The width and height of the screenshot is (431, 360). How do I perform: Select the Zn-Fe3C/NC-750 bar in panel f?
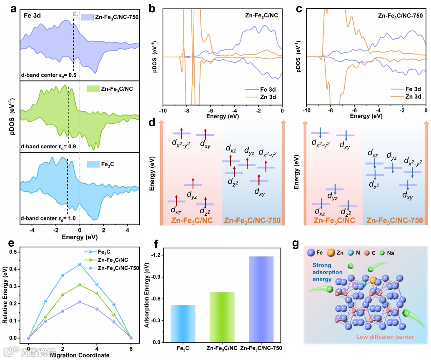pos(261,299)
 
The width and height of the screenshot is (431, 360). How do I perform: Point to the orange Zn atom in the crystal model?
pos(373,280)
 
